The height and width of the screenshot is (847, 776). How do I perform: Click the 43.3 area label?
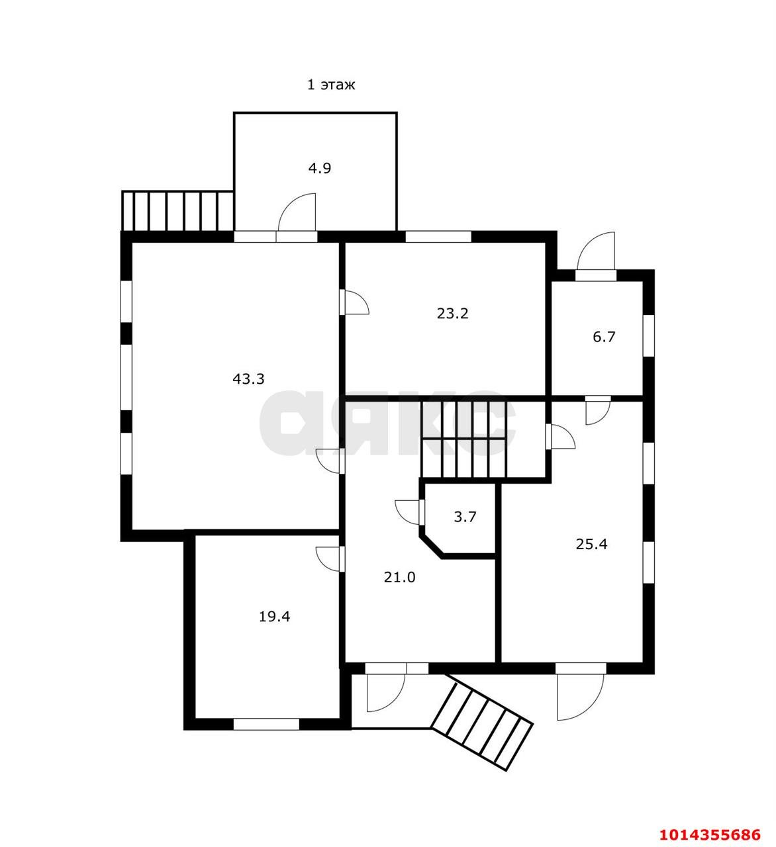tap(248, 379)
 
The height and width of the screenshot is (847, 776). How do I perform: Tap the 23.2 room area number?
tap(453, 314)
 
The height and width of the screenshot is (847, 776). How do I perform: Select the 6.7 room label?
tap(604, 337)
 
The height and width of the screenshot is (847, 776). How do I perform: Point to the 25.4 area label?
tap(591, 544)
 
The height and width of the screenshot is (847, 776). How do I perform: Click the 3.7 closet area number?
tap(465, 517)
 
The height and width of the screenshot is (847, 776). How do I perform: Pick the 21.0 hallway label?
tap(399, 577)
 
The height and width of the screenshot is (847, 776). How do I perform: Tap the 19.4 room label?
tap(274, 617)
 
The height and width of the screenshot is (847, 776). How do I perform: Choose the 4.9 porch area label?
tap(320, 169)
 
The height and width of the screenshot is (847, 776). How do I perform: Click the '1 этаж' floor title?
tap(330, 85)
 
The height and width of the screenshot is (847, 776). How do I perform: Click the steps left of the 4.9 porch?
tap(178, 211)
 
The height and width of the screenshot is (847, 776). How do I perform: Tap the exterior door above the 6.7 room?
tap(596, 251)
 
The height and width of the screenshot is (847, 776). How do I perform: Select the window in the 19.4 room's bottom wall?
tap(267, 724)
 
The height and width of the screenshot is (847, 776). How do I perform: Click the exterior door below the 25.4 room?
tap(580, 697)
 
